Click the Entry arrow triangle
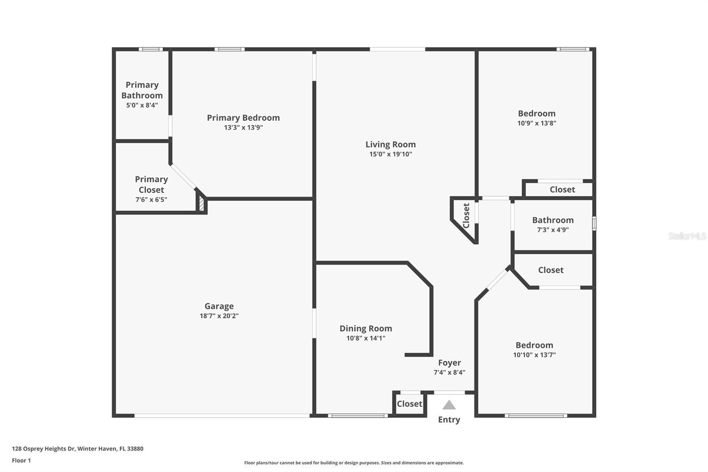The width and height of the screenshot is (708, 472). (449, 405)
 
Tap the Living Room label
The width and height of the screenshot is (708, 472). (391, 144)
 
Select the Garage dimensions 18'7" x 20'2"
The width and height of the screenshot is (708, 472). (219, 316)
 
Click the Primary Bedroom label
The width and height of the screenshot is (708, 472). (243, 118)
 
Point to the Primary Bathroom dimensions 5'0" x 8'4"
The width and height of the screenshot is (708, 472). (142, 105)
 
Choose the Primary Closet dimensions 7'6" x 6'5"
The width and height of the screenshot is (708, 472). (151, 200)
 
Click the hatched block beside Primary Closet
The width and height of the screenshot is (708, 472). (202, 204)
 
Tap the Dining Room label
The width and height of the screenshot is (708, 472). (366, 329)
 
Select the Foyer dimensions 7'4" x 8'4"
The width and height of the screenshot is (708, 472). (449, 372)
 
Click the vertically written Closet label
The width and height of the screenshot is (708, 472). (466, 216)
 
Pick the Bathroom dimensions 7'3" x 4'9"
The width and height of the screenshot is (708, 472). (553, 230)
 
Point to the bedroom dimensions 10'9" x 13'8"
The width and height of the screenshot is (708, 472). (537, 123)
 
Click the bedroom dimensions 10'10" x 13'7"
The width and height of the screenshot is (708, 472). (534, 355)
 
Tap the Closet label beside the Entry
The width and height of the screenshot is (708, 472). (409, 404)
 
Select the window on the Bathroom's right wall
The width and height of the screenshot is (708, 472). (594, 223)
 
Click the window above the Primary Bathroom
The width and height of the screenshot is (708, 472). (151, 49)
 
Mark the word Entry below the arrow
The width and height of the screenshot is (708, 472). (449, 419)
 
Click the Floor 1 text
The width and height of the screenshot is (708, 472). (21, 460)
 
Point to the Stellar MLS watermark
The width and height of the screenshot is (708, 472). (687, 236)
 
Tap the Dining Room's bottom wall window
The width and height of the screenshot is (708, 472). (358, 416)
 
